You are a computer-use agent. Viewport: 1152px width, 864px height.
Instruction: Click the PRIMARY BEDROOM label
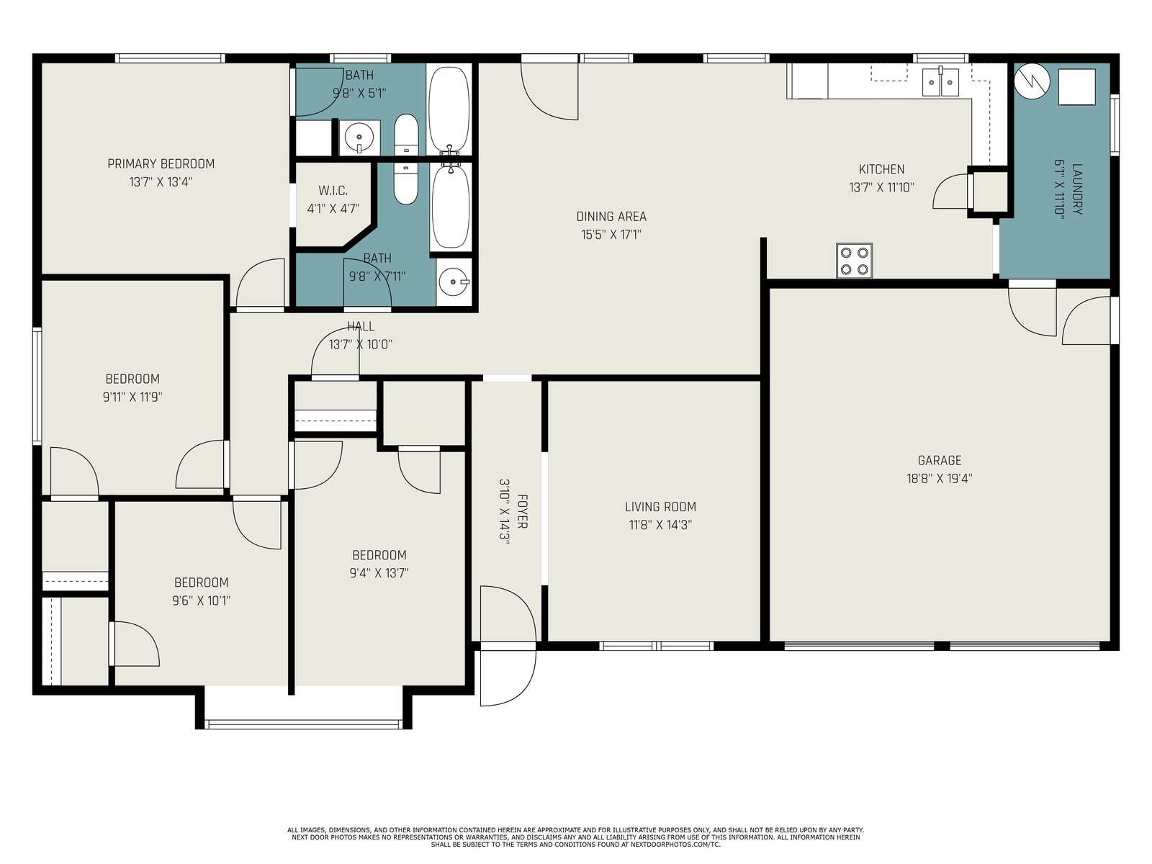161,164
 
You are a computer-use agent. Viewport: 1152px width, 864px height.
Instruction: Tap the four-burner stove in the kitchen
855,261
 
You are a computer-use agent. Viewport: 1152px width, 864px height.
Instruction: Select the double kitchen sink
940,82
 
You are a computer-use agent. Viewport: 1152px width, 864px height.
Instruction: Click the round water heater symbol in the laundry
1032,81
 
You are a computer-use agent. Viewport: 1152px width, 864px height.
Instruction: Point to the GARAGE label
940,461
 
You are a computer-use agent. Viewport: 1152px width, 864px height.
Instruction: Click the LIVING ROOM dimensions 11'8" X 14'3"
661,525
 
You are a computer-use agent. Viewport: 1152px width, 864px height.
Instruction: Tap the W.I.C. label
333,190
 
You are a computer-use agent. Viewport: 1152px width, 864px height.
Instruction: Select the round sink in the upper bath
359,138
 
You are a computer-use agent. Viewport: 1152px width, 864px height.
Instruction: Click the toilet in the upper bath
406,135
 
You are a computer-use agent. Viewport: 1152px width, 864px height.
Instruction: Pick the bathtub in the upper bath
449,110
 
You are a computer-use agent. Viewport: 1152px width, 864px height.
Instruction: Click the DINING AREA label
611,217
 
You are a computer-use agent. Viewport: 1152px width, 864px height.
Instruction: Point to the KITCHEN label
882,169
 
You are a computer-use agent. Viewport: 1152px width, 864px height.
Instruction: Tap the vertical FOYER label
522,511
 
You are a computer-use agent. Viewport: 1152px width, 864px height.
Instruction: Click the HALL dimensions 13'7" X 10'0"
361,345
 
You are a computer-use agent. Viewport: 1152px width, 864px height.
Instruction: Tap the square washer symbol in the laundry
1077,87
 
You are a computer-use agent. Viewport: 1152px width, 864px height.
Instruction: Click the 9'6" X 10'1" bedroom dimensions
202,600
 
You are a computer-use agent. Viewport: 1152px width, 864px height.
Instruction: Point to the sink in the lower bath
453,282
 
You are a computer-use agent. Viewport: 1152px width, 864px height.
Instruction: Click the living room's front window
657,646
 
